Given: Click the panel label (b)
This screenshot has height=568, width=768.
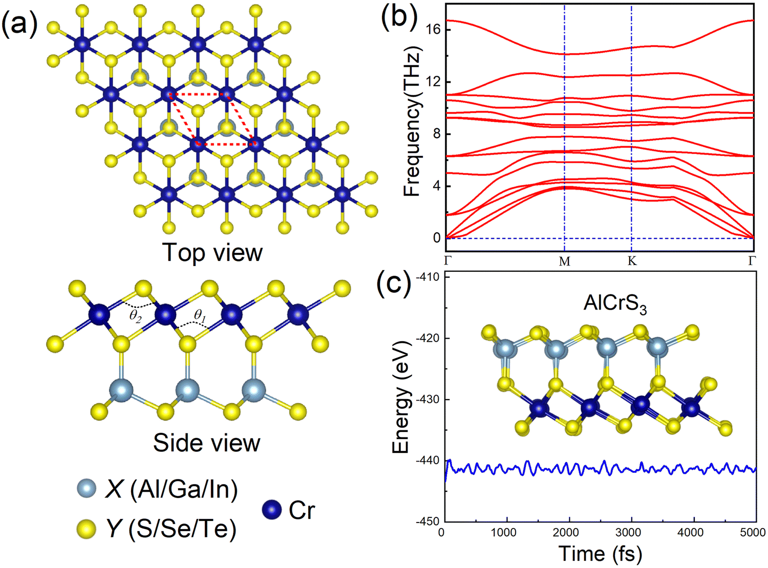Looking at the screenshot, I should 399,16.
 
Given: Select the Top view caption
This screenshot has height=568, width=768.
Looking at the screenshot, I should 212,252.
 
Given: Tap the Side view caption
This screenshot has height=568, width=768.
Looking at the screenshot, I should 206,443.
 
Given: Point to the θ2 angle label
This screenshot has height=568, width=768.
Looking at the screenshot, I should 135,316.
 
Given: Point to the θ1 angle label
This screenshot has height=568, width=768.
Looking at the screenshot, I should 200,316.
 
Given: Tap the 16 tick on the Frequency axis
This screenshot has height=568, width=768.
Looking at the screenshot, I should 433,30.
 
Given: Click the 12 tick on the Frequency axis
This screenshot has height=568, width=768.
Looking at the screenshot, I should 433,82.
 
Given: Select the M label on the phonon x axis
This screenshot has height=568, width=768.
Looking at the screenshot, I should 564,261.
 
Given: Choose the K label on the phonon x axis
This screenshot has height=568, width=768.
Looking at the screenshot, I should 632,261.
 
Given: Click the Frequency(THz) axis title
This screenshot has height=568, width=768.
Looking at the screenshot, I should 412,121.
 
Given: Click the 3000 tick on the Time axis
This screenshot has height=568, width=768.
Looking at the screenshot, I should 628,533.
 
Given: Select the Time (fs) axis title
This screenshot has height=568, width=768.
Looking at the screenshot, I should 600,554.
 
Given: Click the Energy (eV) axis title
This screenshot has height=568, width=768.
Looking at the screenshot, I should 401,397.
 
